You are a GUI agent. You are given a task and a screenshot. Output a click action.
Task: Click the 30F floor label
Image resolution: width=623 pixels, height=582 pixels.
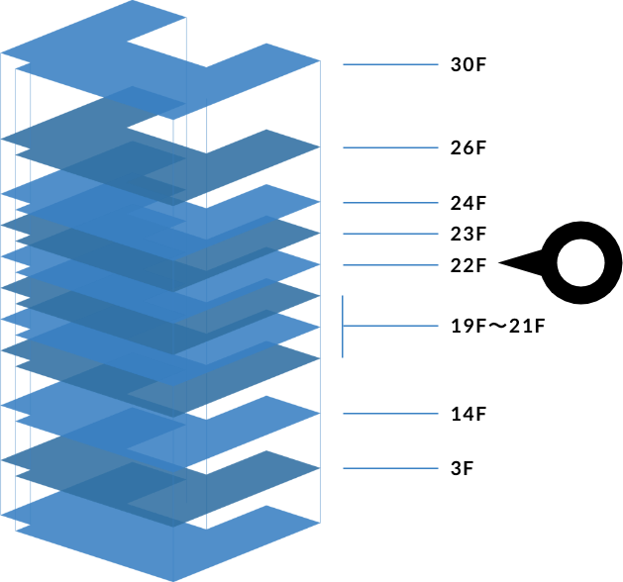point(468,65)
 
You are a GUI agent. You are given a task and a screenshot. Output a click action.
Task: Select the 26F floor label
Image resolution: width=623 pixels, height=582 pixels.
point(468,148)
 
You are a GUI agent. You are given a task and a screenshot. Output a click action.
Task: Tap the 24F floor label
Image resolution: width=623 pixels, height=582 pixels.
point(468,204)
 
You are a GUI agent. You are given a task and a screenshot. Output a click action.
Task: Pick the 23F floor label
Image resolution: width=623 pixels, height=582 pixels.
point(468,235)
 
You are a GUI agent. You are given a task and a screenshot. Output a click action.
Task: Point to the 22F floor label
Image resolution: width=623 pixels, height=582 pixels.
point(468,265)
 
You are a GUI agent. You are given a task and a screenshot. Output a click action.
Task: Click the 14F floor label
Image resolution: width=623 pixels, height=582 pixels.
point(468,414)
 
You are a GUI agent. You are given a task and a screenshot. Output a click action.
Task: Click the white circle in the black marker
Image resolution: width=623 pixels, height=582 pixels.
point(581,264)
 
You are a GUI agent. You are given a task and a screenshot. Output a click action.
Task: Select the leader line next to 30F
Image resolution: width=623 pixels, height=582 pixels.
point(390,65)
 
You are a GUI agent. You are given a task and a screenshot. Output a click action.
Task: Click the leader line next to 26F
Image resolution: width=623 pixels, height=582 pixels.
point(390,148)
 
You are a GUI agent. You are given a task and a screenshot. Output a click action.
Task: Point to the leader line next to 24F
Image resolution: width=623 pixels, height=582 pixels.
point(390,204)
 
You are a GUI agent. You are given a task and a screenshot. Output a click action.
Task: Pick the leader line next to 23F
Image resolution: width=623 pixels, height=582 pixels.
point(390,235)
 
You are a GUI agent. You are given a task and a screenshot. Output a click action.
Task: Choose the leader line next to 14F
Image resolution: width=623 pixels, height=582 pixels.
point(390,414)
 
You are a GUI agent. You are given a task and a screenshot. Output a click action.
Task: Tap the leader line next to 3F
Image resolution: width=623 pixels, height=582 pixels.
point(390,468)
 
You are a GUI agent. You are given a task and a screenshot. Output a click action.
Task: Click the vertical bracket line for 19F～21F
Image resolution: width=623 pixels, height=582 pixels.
point(343,326)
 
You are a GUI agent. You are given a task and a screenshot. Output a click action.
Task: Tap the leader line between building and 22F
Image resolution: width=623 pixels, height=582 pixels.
point(390,265)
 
